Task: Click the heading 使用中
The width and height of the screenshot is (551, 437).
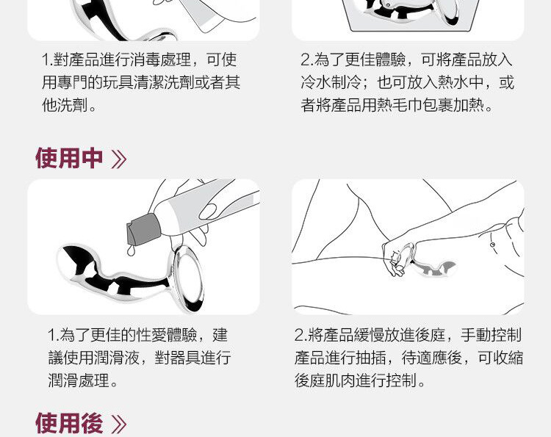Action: tap(69, 159)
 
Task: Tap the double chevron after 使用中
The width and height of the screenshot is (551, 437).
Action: tap(119, 159)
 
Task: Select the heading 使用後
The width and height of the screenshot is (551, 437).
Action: tap(69, 423)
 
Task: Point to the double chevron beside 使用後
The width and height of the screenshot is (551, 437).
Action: tap(119, 425)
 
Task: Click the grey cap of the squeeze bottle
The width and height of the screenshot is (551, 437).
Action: tap(144, 229)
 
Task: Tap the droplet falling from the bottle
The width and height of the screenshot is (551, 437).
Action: tap(131, 251)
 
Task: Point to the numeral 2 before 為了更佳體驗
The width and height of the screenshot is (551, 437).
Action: tap(305, 60)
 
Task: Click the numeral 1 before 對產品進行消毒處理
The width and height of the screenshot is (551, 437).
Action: tap(46, 60)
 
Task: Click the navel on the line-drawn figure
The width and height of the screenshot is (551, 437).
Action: tap(492, 245)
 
